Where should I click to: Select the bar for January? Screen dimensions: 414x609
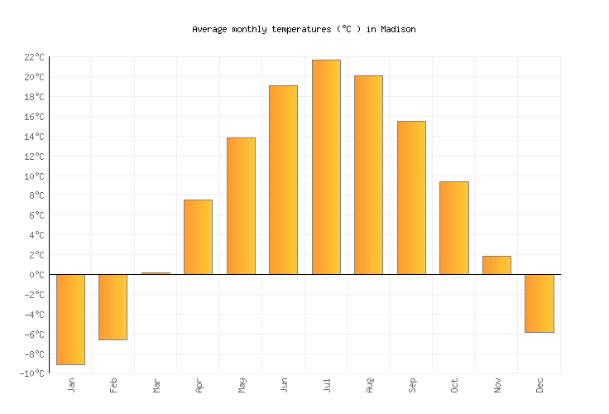pos(70,319)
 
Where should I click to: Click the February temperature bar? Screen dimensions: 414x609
pos(113,306)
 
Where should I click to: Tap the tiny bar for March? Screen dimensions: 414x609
pos(156,273)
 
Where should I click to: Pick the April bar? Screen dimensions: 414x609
pos(198,237)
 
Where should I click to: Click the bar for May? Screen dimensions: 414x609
pos(241,206)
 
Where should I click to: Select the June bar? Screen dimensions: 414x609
pos(283,180)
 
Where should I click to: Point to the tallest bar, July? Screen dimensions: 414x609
pos(326,166)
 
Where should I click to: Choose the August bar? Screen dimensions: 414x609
pos(368,175)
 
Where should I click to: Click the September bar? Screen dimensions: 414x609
pos(411,197)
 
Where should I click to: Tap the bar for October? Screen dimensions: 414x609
pos(453,228)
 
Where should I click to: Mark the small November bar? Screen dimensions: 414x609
pos(496,265)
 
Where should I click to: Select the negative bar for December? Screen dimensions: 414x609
pos(539,303)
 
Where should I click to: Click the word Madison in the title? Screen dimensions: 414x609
pos(398,29)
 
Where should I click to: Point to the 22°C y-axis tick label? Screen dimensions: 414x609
pos(34,57)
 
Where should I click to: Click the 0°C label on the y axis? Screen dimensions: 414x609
pos(36,275)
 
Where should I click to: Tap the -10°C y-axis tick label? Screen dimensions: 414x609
pos(31,373)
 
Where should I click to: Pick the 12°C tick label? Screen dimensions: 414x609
pos(34,156)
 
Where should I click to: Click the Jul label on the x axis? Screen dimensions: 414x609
pos(327,385)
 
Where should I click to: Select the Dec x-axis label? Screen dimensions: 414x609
pos(539,385)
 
